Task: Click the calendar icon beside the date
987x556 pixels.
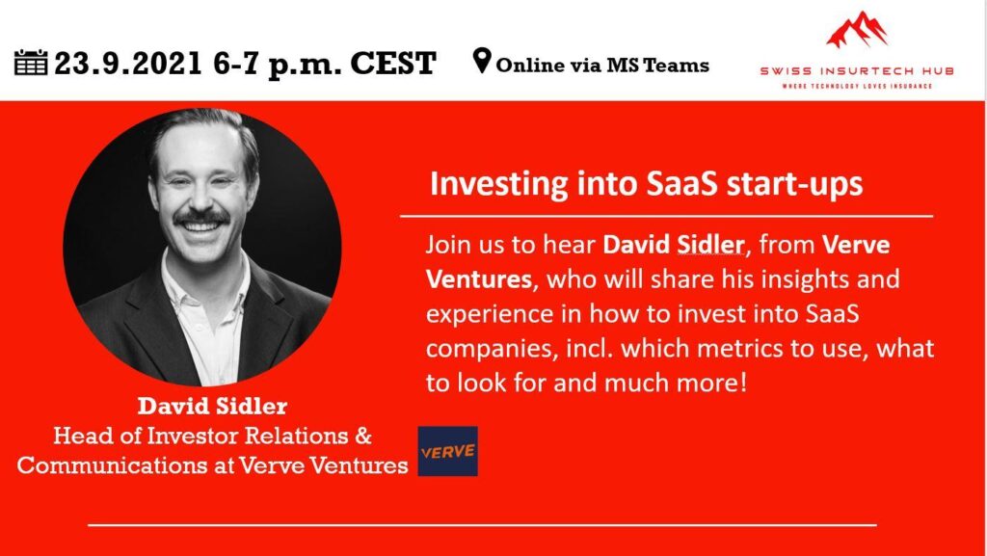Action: (x=31, y=63)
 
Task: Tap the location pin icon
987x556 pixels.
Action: (x=482, y=61)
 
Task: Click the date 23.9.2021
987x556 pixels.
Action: (x=128, y=64)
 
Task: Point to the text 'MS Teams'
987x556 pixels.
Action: (x=657, y=65)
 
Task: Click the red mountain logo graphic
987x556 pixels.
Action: (x=857, y=30)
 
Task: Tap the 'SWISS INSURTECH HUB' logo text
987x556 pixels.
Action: (x=857, y=71)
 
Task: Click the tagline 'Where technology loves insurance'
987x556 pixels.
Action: (x=857, y=86)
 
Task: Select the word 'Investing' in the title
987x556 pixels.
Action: (x=499, y=185)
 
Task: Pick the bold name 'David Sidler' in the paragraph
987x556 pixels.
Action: (x=674, y=244)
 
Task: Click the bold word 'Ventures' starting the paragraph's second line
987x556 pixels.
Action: (x=479, y=278)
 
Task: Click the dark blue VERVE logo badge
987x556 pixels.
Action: (x=447, y=451)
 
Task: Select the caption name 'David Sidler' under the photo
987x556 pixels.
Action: (x=212, y=407)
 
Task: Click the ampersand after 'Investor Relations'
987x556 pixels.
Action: (x=363, y=436)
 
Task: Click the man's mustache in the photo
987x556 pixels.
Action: (x=201, y=217)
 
